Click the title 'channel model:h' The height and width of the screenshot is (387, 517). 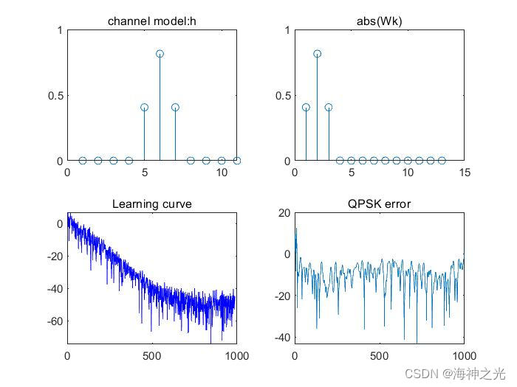coord(152,21)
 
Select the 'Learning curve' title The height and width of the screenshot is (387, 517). coord(152,203)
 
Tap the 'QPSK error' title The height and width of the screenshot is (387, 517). coord(379,203)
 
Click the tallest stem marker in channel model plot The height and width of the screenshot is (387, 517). coord(160,54)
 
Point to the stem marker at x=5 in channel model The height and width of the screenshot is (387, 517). coord(144,108)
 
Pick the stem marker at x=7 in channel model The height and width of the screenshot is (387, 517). coord(175,108)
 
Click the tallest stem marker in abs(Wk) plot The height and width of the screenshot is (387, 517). coord(317,54)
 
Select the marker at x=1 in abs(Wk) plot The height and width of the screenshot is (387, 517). coord(306,108)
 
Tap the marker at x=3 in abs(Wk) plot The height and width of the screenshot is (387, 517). coord(329,108)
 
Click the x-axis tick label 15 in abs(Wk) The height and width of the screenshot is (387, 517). coord(464,172)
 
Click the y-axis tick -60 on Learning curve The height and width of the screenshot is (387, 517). coord(54,321)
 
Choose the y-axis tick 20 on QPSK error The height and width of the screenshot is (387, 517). coord(284,214)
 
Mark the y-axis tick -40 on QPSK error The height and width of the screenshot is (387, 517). coord(281,338)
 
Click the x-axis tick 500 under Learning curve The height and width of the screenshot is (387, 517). coord(152,355)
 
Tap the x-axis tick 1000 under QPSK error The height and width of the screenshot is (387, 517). coord(464,355)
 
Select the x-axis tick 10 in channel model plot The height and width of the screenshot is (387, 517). coord(222,172)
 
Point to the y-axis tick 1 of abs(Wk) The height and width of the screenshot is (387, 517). coord(285,31)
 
